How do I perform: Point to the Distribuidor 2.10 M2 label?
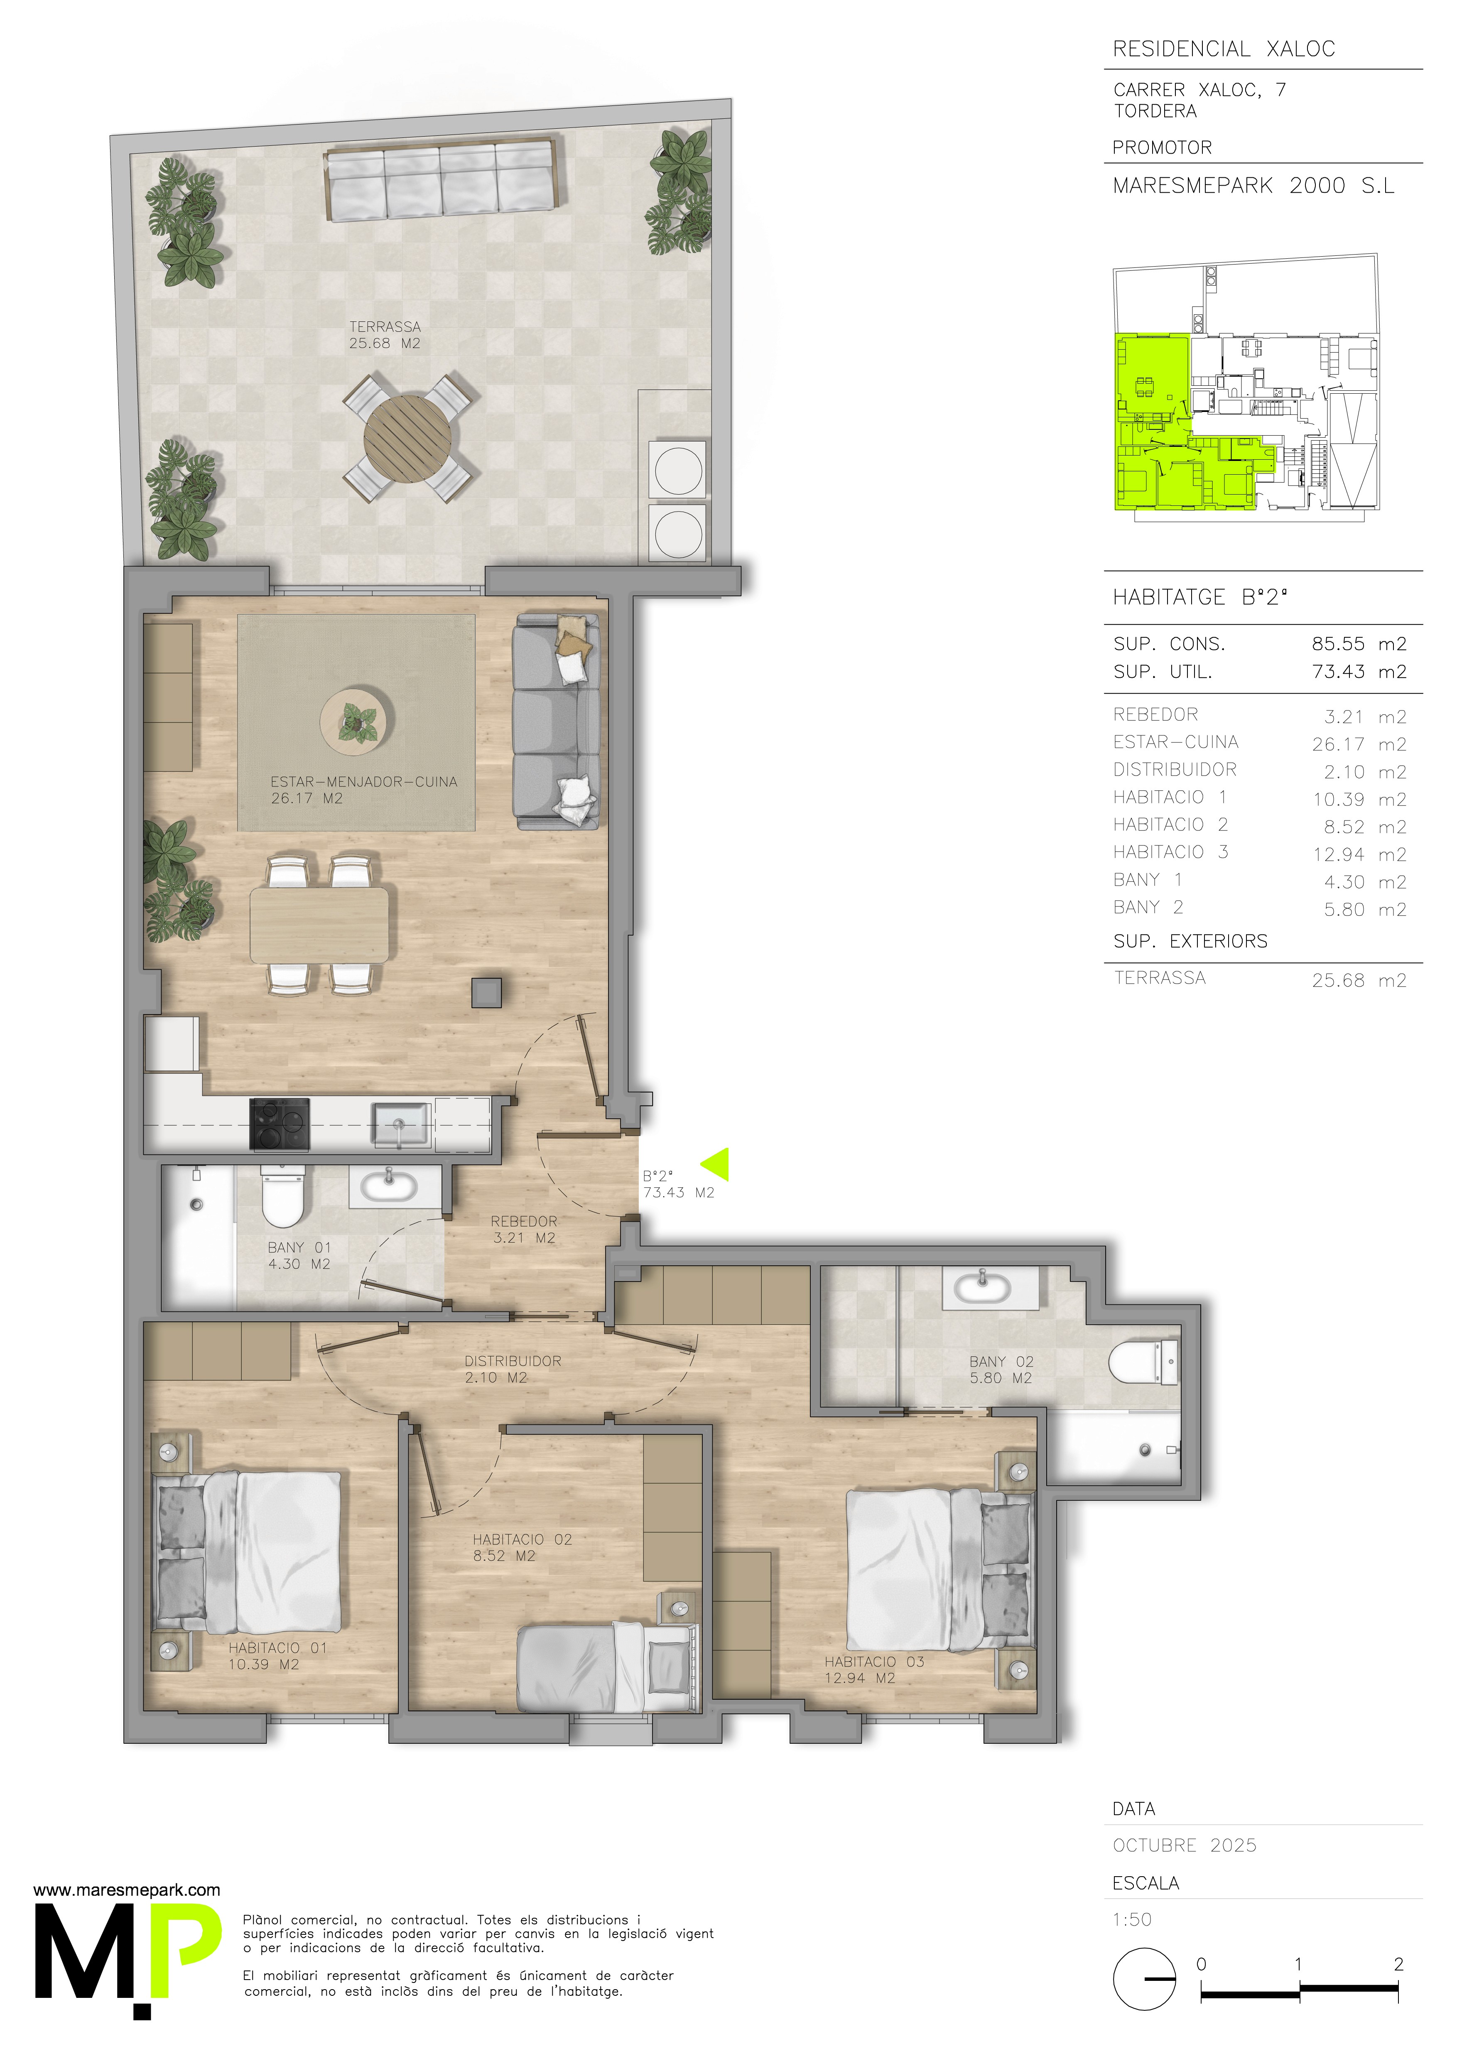[513, 1369]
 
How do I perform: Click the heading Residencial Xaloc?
[1224, 49]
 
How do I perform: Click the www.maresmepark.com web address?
[127, 1889]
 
